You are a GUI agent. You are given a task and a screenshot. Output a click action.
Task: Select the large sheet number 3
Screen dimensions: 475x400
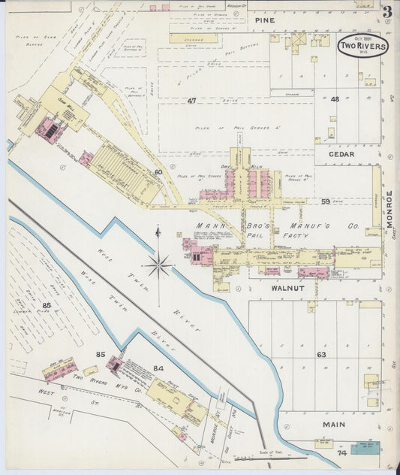[386, 12]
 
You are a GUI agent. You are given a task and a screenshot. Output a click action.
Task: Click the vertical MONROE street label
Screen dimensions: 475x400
[389, 208]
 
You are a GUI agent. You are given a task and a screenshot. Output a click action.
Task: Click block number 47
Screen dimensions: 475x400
[192, 100]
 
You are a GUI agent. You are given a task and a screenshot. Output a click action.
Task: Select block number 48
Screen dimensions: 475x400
[335, 99]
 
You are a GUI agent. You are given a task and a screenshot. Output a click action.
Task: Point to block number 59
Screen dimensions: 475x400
[326, 201]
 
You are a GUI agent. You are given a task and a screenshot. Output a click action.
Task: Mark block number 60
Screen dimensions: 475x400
[158, 172]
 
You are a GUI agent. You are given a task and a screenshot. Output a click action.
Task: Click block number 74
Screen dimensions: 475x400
[341, 453]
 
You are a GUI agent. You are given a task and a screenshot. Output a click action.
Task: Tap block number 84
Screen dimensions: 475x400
[158, 368]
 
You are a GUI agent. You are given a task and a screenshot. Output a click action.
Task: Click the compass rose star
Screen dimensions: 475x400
[159, 264]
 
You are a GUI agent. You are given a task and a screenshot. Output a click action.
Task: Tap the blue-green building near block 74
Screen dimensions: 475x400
[365, 449]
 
